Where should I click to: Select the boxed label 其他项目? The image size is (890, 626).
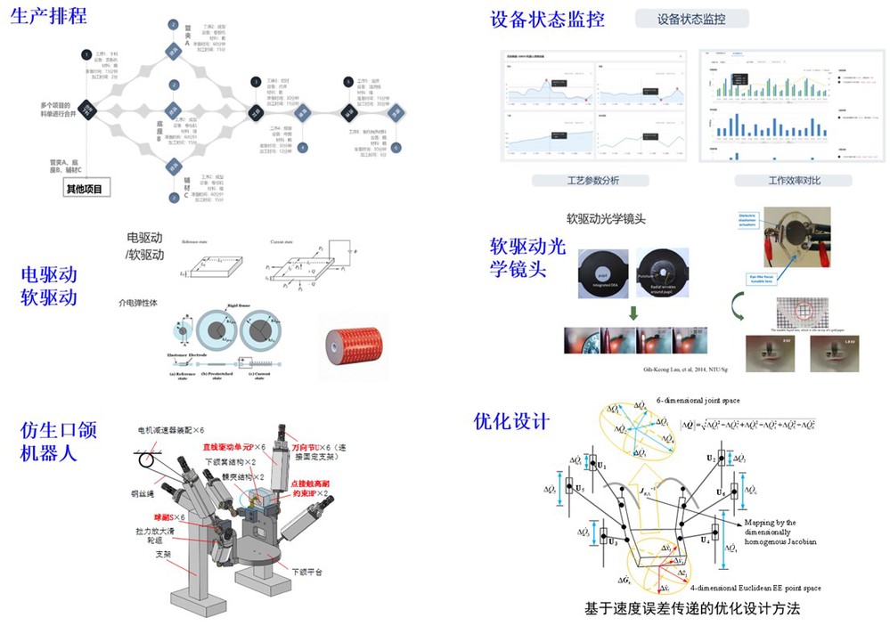click(x=85, y=189)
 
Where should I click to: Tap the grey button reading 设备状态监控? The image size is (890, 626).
click(x=692, y=19)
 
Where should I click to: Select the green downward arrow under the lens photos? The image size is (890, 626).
click(x=632, y=313)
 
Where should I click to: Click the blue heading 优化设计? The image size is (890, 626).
click(x=511, y=421)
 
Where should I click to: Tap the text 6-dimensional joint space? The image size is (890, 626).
click(x=698, y=401)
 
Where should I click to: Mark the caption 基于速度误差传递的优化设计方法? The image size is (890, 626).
click(x=692, y=609)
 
